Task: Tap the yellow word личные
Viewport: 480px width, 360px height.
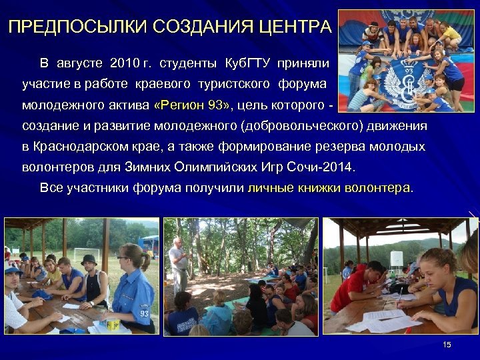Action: tap(270, 188)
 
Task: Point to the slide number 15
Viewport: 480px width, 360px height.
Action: tap(447, 344)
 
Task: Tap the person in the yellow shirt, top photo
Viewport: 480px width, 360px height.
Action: tap(447, 33)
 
